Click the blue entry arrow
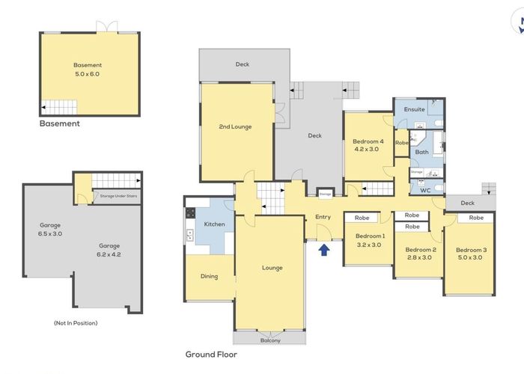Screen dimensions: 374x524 (324, 250)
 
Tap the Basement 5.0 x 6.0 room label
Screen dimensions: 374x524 (88, 70)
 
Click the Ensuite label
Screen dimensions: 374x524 (414, 109)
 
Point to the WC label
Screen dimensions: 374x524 (425, 190)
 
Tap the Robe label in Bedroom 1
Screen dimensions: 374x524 (362, 218)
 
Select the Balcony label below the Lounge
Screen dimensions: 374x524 (270, 340)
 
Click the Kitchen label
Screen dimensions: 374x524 (215, 224)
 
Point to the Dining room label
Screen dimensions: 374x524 (209, 276)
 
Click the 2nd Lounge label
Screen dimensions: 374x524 (236, 127)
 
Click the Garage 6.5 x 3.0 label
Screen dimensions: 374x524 (50, 229)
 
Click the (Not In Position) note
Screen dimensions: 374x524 (76, 322)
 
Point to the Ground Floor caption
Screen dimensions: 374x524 (211, 355)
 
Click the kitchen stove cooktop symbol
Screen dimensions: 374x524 (190, 212)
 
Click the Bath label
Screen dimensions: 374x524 (422, 153)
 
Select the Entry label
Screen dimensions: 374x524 (323, 217)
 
